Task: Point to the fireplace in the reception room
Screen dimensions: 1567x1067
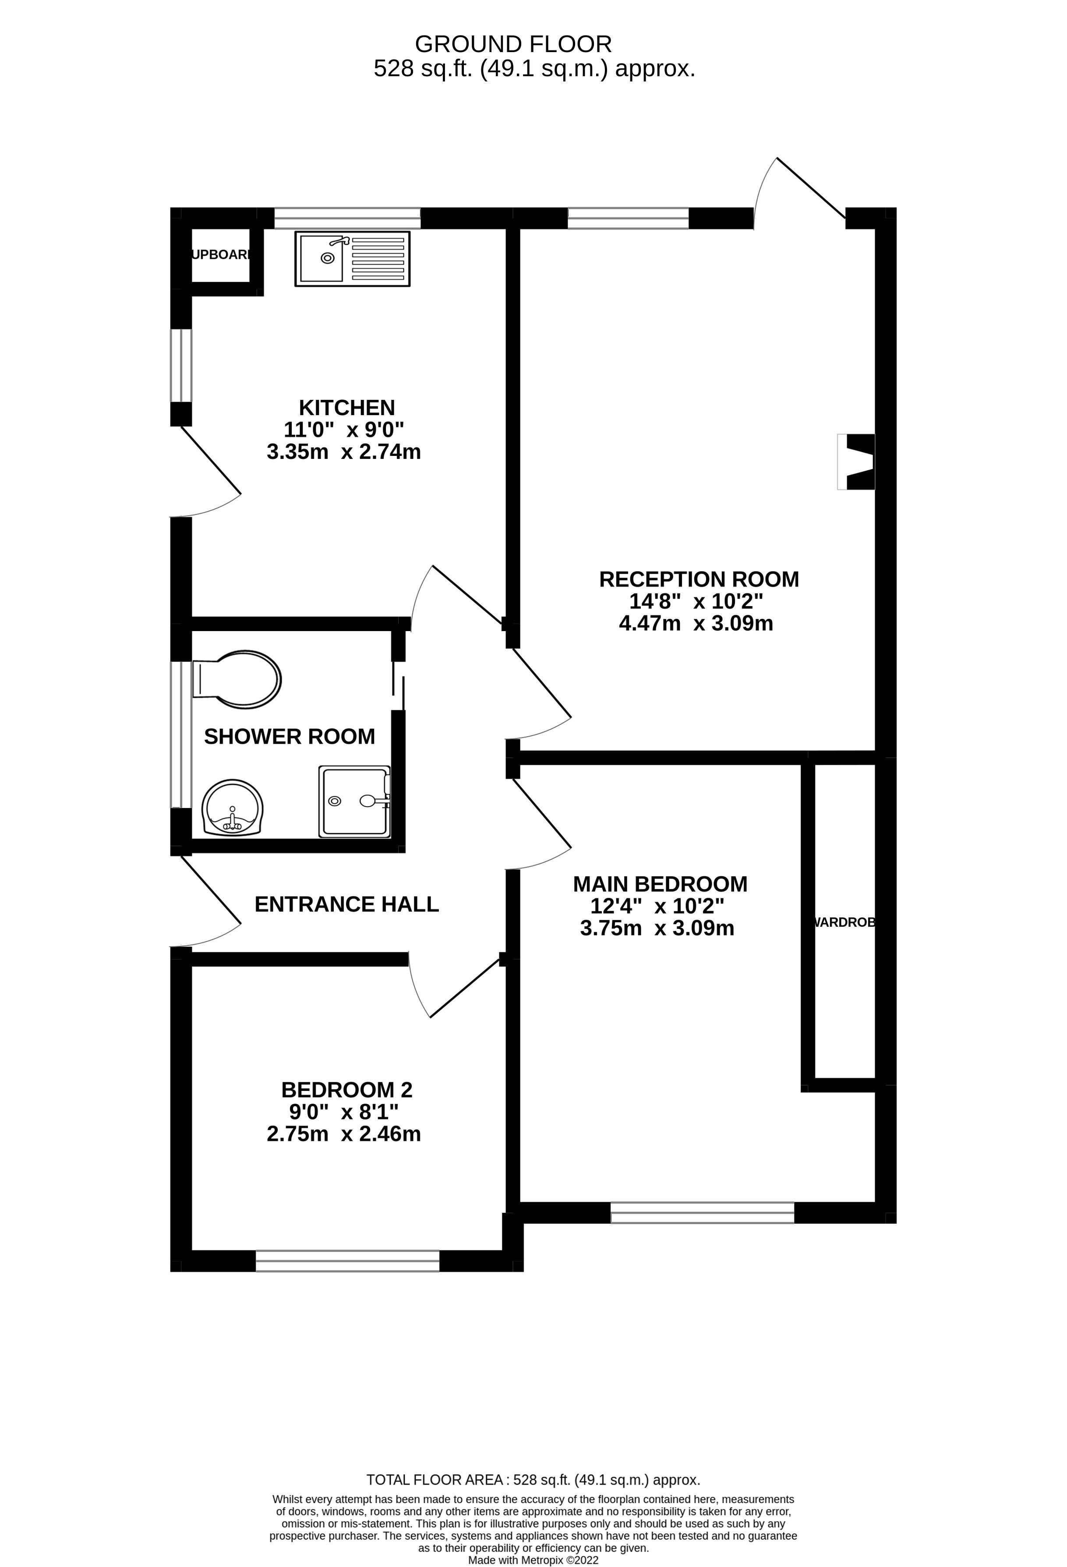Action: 857,462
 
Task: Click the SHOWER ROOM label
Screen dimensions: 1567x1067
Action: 290,736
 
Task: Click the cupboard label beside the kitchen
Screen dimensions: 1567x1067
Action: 222,255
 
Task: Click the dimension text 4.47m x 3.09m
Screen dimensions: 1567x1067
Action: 696,623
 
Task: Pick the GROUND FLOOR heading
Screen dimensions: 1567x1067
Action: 513,44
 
